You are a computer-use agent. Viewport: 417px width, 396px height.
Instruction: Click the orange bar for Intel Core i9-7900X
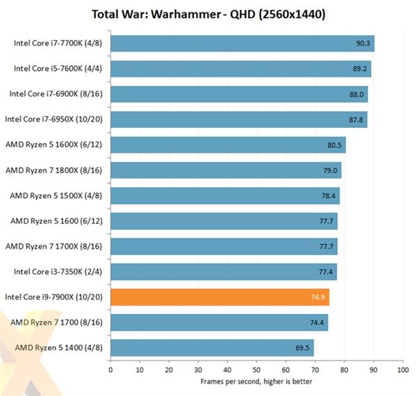tap(220, 297)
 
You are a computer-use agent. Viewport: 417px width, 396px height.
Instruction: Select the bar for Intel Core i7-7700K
tap(242, 44)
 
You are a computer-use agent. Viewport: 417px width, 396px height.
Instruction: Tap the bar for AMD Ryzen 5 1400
tap(212, 348)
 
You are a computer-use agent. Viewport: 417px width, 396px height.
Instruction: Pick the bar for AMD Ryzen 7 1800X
tap(226, 170)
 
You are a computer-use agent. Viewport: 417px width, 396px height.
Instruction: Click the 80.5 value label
tap(336, 145)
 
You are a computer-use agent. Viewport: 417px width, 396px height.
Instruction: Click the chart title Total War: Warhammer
tap(208, 14)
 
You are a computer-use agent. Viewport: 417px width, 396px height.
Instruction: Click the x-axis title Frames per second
tap(256, 381)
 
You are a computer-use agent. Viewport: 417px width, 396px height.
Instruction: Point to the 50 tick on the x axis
tap(256, 370)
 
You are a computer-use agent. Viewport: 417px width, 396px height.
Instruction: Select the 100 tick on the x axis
tap(402, 370)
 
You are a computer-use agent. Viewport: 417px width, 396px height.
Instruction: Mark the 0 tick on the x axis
tap(111, 370)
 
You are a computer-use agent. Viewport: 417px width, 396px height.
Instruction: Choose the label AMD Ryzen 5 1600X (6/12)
tap(55, 145)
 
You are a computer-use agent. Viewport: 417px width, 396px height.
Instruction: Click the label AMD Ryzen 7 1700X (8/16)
tap(55, 247)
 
